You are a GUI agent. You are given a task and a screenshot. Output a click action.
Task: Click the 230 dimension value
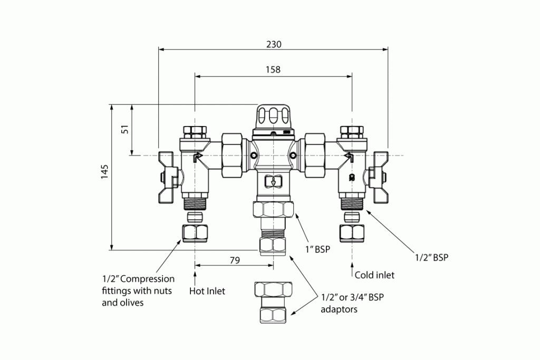(x=273, y=44)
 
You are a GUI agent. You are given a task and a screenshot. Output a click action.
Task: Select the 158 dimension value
(x=273, y=70)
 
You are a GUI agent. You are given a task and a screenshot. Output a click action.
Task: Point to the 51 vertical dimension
(x=125, y=129)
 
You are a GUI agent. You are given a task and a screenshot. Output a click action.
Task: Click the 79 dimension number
(x=235, y=260)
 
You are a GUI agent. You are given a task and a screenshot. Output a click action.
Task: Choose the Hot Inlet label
(x=207, y=291)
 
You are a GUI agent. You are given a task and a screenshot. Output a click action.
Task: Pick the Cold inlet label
(x=374, y=275)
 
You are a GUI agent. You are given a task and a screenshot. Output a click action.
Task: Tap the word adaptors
(x=339, y=309)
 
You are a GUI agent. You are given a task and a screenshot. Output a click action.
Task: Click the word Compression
(x=149, y=279)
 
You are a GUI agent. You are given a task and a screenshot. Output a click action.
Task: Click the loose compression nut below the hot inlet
(x=195, y=232)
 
